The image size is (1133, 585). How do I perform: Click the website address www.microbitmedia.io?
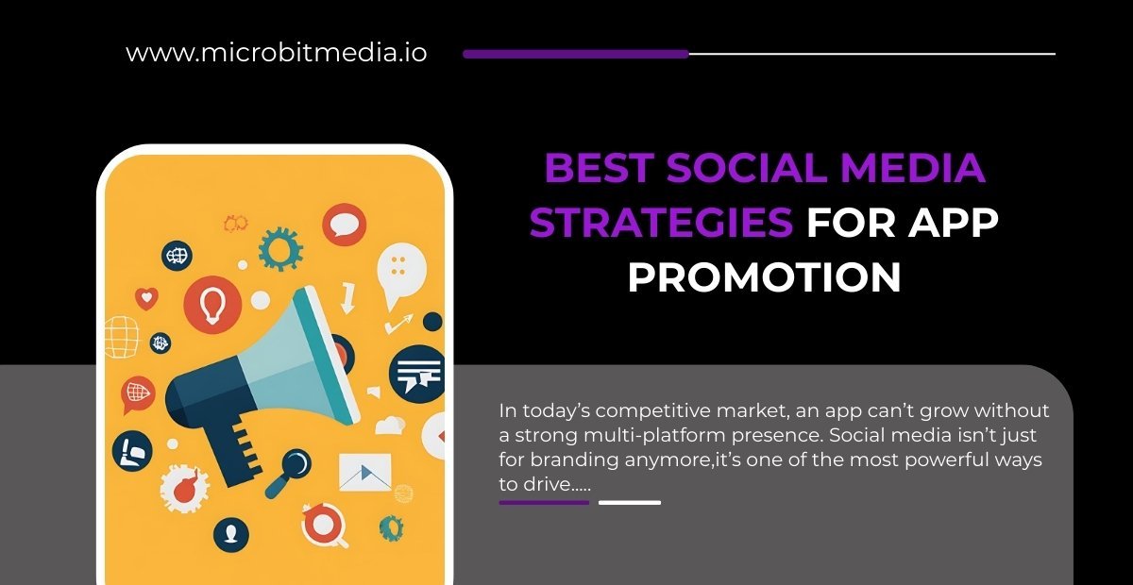coord(276,53)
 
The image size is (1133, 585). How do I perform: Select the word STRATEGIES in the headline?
coord(661,224)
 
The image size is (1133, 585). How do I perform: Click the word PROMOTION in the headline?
coord(765,277)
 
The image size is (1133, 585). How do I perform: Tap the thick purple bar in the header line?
coord(576,54)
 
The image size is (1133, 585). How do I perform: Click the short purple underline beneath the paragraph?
coord(544,502)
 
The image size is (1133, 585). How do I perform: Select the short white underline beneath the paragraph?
coord(630,502)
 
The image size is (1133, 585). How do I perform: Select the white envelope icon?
coord(364,472)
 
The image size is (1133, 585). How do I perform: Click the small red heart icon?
coord(146,298)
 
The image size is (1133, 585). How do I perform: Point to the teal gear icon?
coord(280,249)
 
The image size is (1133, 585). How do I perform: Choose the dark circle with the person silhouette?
coord(230,536)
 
